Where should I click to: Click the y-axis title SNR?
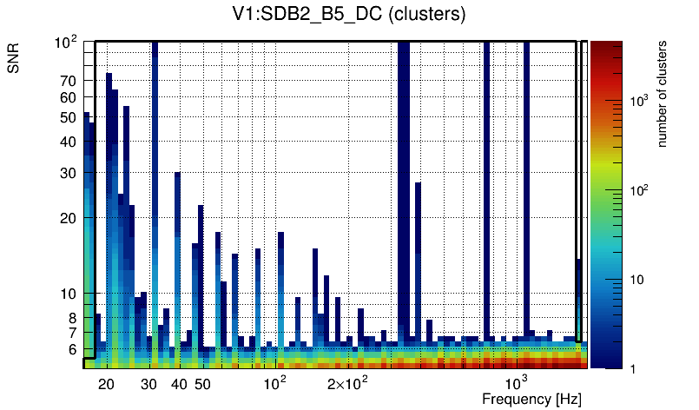point(14,60)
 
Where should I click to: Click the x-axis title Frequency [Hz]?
point(531,399)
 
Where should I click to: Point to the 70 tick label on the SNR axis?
point(68,81)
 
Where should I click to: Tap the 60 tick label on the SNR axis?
point(68,97)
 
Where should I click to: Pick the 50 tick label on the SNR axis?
point(68,117)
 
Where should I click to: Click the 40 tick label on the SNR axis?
point(68,142)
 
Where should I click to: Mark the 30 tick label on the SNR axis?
point(68,173)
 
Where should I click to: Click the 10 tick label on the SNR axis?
point(68,294)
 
